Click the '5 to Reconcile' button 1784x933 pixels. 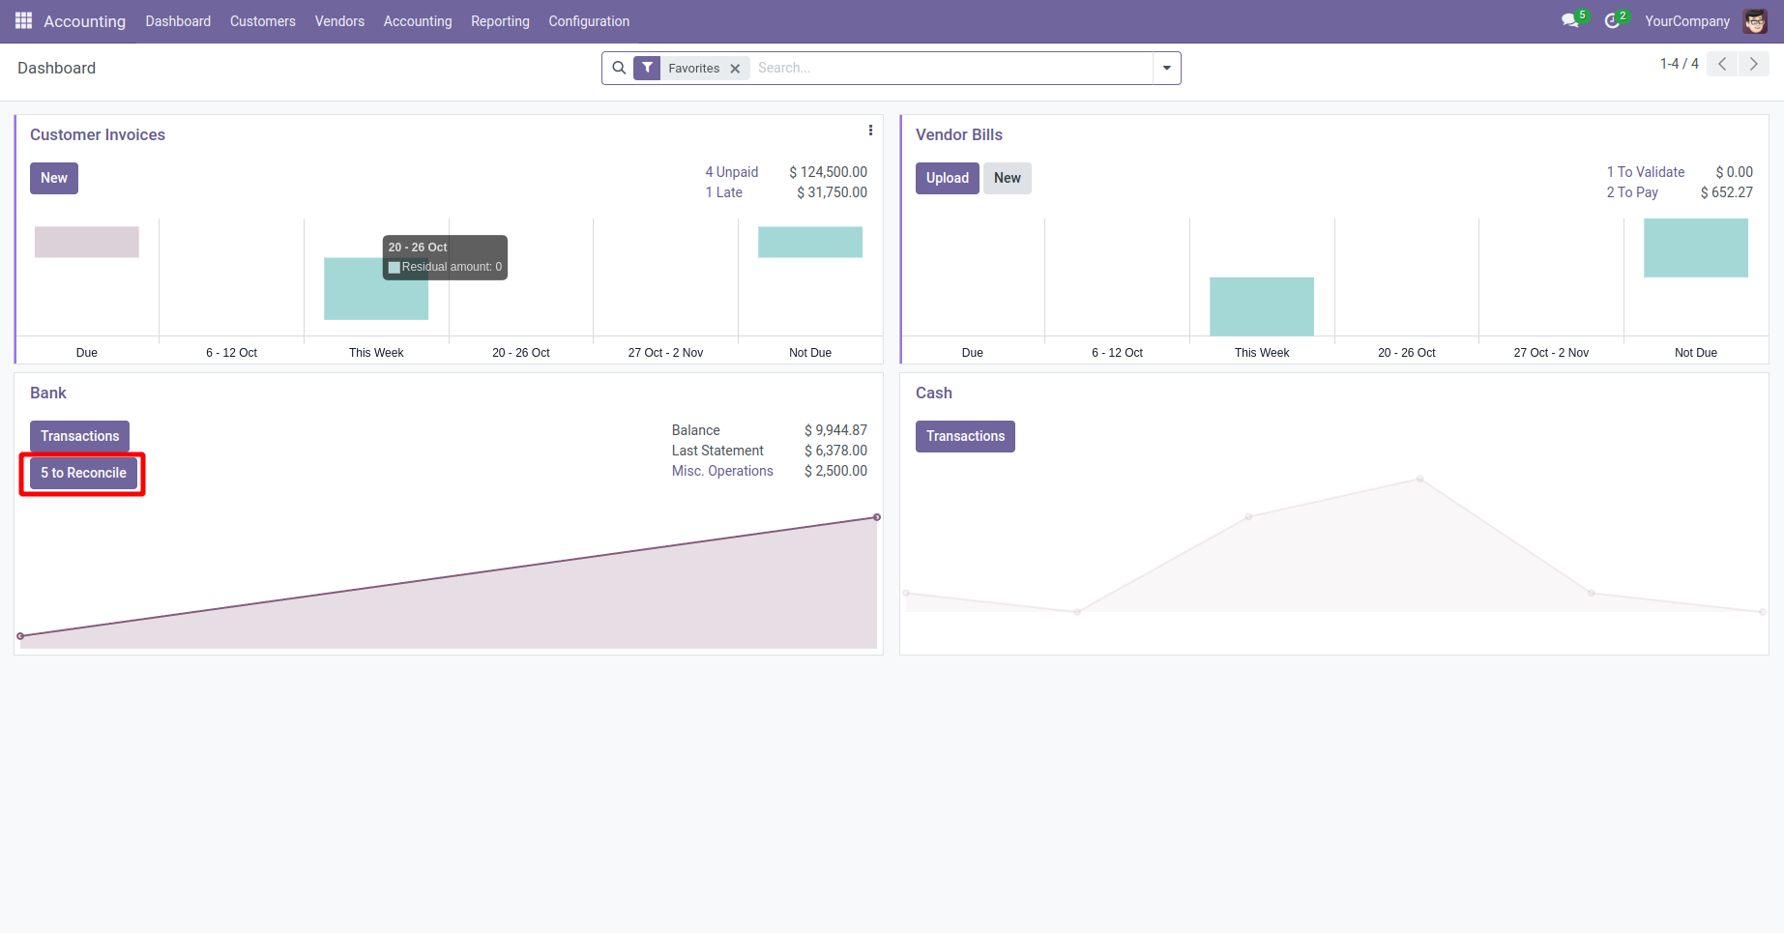click(83, 473)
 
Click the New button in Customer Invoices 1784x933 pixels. click(54, 178)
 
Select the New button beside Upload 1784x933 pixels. click(1007, 178)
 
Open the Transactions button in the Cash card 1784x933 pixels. click(965, 436)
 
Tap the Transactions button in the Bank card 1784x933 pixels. click(79, 436)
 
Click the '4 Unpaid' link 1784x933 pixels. click(731, 172)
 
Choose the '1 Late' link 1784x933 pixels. click(723, 192)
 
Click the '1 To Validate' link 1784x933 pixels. click(1645, 172)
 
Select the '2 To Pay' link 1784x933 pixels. click(1632, 192)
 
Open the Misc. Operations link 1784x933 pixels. click(722, 471)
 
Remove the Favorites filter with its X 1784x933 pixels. click(735, 69)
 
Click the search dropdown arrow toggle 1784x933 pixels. click(1167, 69)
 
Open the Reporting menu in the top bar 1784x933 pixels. click(500, 21)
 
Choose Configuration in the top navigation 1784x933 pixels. click(589, 21)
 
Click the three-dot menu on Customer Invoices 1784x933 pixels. click(870, 131)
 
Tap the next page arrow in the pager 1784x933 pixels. click(1753, 64)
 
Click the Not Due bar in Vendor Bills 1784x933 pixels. click(1695, 248)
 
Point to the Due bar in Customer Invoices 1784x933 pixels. click(87, 242)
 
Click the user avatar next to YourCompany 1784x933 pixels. click(1755, 21)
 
